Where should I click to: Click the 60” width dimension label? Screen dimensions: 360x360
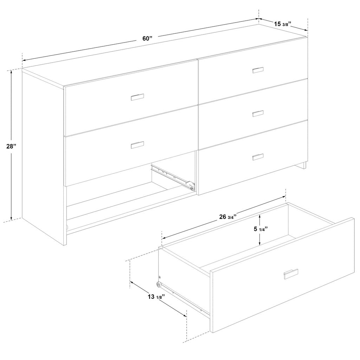click(147, 38)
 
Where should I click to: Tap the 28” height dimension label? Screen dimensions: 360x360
click(11, 146)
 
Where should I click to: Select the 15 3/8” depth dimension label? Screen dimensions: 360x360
click(283, 24)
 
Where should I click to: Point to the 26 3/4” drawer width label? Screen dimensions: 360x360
click(228, 217)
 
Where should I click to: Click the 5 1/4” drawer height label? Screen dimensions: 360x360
click(261, 229)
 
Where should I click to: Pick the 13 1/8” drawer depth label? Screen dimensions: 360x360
click(157, 297)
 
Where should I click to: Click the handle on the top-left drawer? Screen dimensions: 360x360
click(137, 97)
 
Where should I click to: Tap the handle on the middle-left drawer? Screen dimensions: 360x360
click(137, 145)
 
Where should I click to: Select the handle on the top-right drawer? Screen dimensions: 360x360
click(258, 70)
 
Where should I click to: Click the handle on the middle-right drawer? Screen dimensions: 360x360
click(258, 114)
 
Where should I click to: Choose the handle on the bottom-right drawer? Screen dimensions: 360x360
click(258, 157)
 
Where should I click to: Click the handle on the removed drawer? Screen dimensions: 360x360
click(291, 274)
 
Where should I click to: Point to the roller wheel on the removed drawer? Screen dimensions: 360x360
click(159, 284)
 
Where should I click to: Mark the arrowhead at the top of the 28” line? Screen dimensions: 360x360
click(11, 72)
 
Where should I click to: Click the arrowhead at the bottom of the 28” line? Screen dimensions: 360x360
click(11, 218)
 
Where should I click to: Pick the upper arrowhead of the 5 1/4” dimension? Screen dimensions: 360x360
click(259, 216)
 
